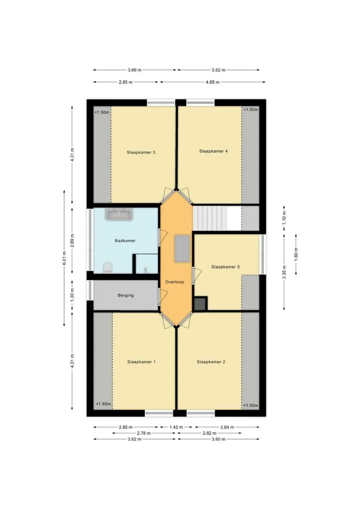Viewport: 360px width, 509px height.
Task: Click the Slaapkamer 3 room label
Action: coord(141,152)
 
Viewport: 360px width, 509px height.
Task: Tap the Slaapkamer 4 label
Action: coord(213,151)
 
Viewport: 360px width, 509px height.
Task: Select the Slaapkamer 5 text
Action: coord(225,267)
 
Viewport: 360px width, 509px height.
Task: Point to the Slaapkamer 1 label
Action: coord(141,362)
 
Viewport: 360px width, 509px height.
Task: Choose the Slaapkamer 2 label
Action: coord(210,362)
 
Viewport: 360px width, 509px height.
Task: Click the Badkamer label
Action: coord(125,240)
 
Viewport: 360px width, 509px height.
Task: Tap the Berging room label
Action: coord(126,295)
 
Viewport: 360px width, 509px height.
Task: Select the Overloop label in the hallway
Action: coord(175,282)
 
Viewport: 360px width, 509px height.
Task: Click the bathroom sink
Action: coord(119,214)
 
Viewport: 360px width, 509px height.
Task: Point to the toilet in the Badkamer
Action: coord(107,268)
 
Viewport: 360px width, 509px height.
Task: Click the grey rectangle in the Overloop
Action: coord(182,249)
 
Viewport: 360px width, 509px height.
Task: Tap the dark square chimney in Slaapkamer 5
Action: coord(200,304)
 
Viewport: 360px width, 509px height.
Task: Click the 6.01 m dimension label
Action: coord(64,258)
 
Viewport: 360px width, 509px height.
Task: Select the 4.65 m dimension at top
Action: coord(212,82)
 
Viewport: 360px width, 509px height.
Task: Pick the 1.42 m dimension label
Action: coord(176,427)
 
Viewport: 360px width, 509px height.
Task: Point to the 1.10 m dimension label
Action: coord(284,218)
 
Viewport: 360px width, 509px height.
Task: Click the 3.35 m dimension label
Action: coord(284,272)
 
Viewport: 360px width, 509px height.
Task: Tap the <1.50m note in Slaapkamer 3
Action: coord(102,112)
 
